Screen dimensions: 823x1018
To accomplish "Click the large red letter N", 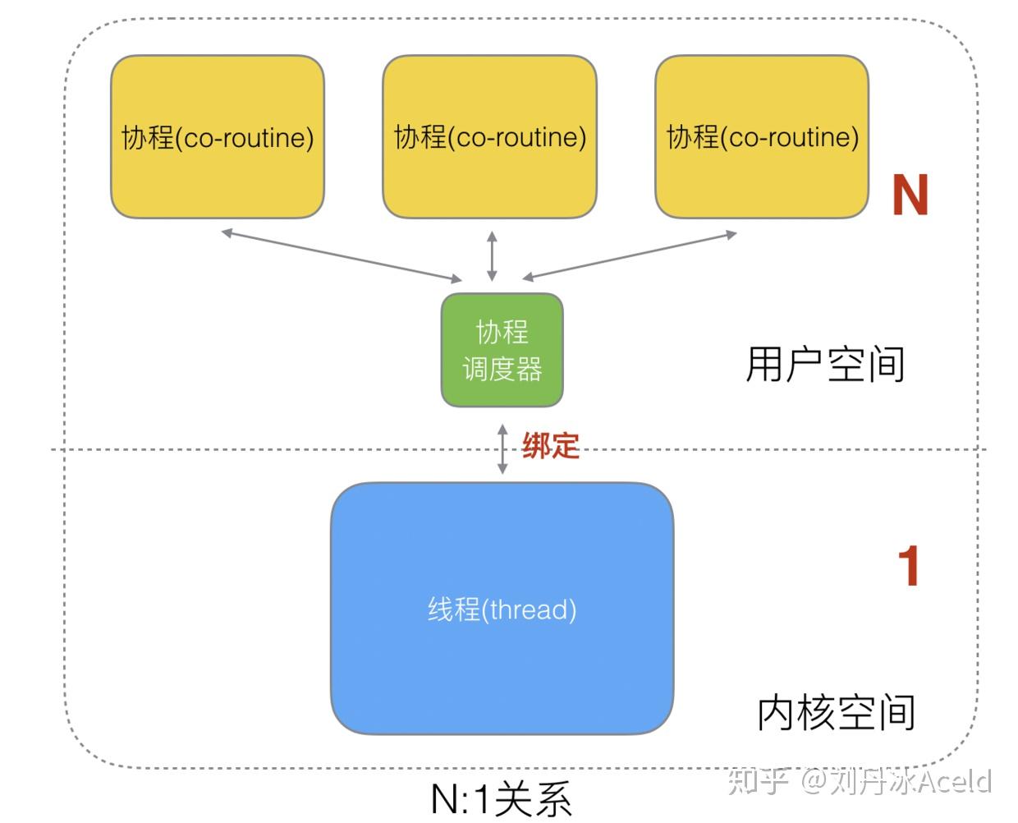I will point(910,195).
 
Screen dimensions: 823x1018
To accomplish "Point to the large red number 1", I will point(908,566).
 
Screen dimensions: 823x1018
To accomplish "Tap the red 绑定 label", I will point(551,445).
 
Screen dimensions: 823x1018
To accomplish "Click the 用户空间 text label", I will point(825,365).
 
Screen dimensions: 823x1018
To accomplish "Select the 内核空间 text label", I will point(836,712).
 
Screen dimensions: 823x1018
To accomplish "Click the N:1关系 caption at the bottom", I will point(501,799).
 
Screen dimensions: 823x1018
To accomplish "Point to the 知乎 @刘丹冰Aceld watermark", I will point(860,781).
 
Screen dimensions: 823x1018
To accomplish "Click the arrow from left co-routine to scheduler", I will point(341,256).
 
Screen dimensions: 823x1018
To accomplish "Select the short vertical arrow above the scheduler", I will point(492,256).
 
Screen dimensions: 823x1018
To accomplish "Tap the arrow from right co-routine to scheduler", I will point(630,255).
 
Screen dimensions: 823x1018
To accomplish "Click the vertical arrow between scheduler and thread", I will point(502,448).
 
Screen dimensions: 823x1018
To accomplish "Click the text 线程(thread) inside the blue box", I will point(502,609).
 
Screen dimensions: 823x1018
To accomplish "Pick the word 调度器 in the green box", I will point(502,370).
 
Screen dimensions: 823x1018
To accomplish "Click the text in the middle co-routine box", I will point(490,137).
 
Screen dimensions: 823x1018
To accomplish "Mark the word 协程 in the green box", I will point(502,332).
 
